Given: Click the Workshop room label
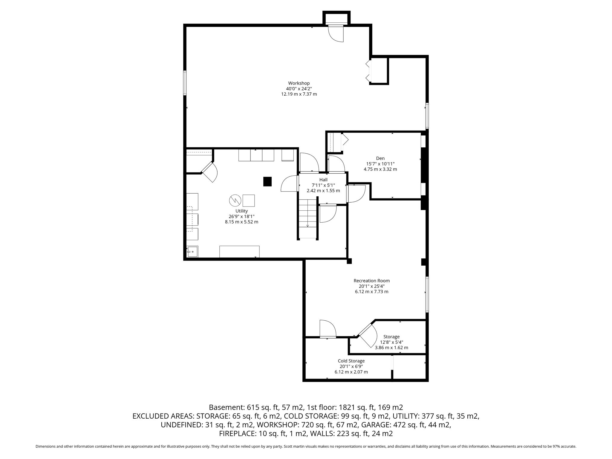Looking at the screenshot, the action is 299,83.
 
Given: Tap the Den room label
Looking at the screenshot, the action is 380,158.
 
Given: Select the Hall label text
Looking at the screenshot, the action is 323,180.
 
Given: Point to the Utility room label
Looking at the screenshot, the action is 241,211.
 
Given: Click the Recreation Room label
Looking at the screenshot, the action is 371,281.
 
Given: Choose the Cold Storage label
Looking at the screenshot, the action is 351,361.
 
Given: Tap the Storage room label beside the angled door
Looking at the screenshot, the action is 391,337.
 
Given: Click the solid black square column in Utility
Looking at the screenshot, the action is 267,182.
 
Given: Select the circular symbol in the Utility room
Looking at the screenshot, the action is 235,200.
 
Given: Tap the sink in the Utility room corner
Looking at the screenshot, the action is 192,252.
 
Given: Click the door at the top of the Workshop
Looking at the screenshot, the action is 336,33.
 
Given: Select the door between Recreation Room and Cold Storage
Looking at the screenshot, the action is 328,329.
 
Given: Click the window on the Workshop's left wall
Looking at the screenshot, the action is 185,83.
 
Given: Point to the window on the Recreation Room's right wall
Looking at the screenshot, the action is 427,294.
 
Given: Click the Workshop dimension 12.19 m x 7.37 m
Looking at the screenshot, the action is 299,94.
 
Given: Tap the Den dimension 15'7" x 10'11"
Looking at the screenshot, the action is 380,164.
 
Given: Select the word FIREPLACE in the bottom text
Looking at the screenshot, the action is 236,434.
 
